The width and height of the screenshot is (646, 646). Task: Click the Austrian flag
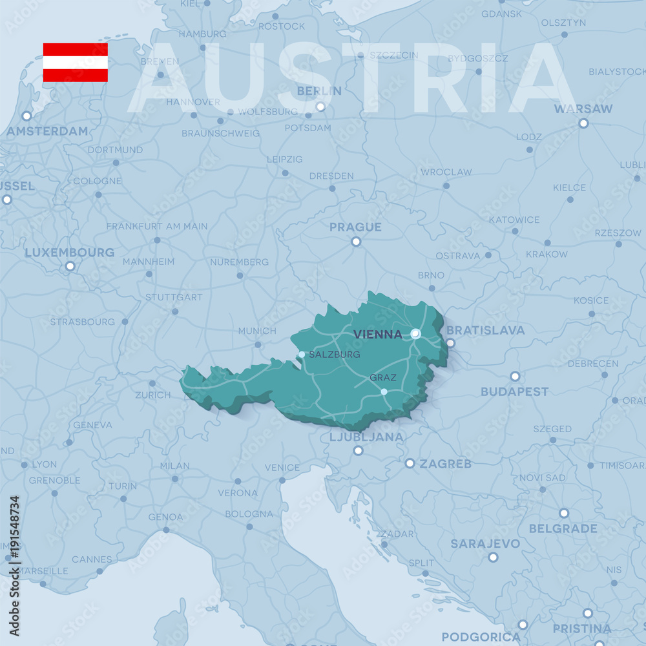(x=75, y=63)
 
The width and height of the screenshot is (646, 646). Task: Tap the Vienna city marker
(x=415, y=334)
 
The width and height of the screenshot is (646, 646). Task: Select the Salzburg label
(x=334, y=355)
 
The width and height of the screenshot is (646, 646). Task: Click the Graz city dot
(x=384, y=391)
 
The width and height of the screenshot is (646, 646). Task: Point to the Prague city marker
(x=356, y=242)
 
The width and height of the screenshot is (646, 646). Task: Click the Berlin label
(x=319, y=91)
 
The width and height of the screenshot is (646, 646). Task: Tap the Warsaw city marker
(x=583, y=123)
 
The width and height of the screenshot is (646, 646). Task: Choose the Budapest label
(x=514, y=391)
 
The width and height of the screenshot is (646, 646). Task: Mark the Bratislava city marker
(x=450, y=343)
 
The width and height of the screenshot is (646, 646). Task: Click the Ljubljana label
(x=366, y=437)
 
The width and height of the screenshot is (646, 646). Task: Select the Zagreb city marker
(x=410, y=463)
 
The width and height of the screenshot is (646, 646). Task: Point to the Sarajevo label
(x=484, y=543)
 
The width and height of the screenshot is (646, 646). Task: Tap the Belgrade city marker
(x=564, y=513)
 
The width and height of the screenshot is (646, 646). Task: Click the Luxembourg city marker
(x=70, y=266)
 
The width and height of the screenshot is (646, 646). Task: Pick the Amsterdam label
(x=47, y=131)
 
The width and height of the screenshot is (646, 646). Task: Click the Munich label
(x=257, y=331)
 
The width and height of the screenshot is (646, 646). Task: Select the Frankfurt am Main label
(x=157, y=226)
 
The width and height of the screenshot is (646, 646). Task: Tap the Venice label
(x=282, y=467)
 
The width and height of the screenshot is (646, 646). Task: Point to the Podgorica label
(x=481, y=637)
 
